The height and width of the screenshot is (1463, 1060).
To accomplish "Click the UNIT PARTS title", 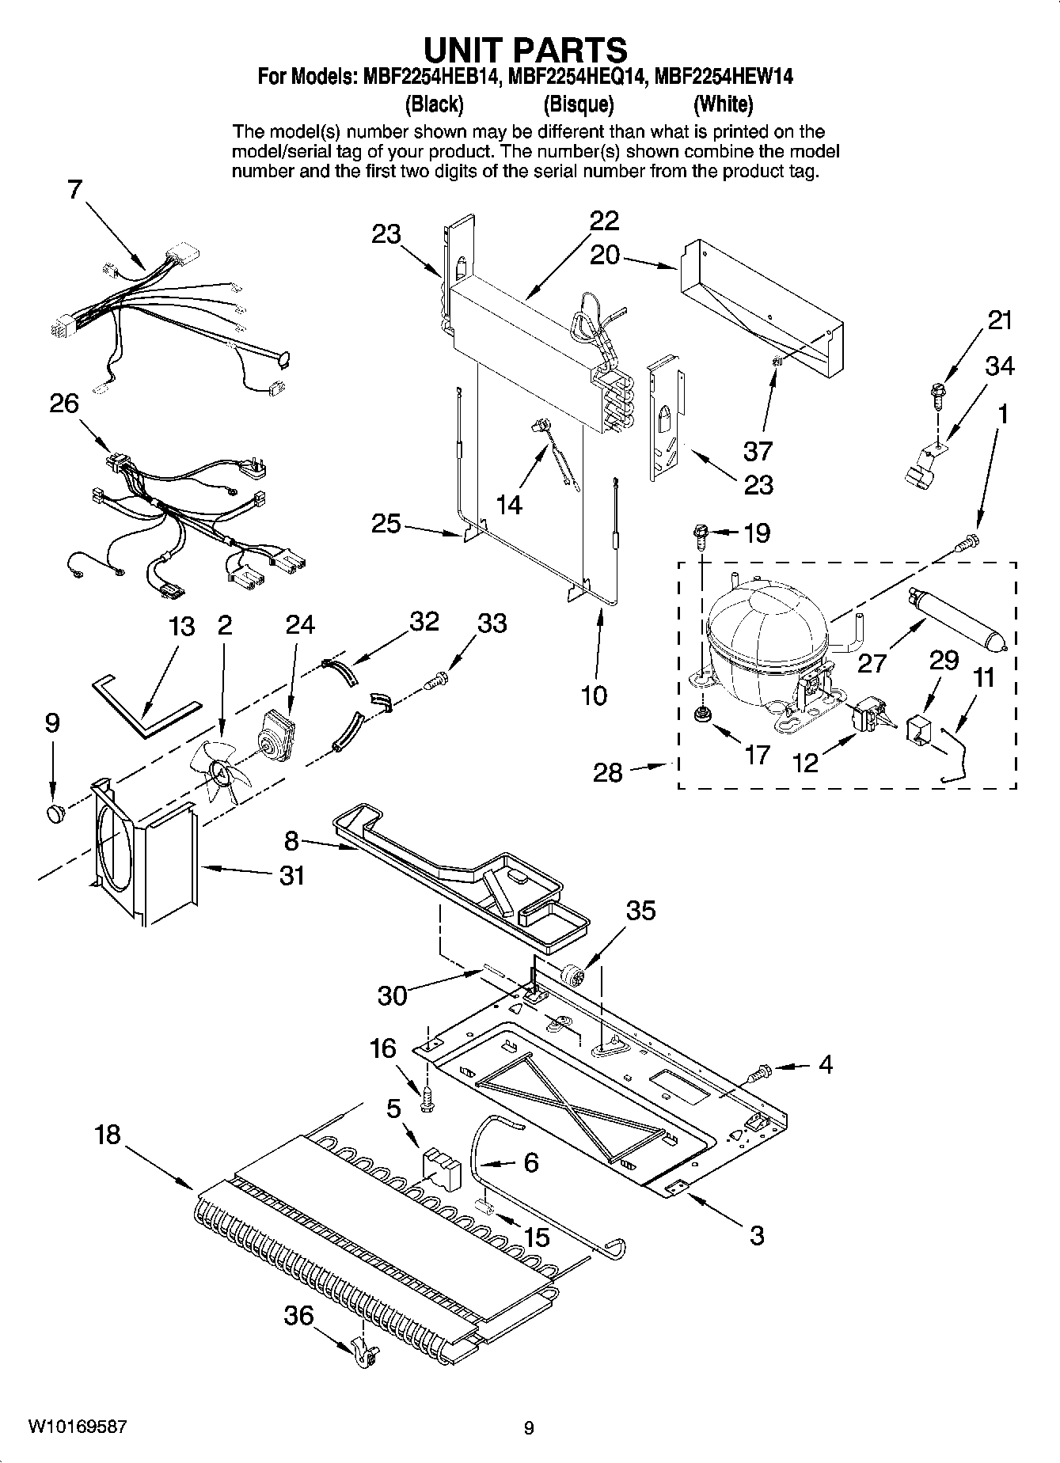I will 526,49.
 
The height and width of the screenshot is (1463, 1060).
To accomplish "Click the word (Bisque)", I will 579,104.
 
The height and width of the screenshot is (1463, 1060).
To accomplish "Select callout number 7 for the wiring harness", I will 74,189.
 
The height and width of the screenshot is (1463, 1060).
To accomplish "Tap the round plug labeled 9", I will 55,812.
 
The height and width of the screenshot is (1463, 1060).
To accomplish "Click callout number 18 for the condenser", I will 107,1135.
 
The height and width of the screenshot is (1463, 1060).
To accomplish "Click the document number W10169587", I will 77,1427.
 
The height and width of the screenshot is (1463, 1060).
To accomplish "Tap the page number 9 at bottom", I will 529,1428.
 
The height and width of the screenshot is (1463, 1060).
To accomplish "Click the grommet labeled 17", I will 700,716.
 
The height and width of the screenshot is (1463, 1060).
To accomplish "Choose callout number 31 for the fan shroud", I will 291,876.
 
